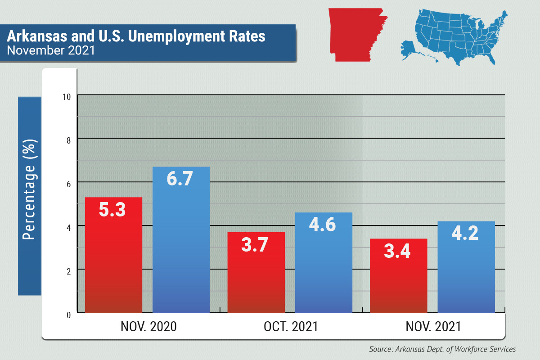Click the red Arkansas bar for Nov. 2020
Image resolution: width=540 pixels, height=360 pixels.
tap(113, 261)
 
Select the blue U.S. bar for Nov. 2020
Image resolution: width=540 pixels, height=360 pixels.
tap(181, 252)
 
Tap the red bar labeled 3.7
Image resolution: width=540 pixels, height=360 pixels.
tap(256, 279)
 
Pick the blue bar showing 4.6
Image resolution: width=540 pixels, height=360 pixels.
tap(324, 270)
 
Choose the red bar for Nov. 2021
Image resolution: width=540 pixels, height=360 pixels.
tap(398, 283)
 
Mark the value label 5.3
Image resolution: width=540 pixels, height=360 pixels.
tap(112, 209)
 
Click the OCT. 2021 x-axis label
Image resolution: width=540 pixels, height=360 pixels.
tap(291, 327)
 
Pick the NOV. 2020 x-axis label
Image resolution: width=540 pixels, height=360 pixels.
tap(148, 327)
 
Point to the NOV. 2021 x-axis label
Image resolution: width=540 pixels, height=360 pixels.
tap(433, 327)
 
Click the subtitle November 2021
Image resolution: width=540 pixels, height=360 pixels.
tap(50, 50)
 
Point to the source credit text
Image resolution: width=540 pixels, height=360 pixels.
tap(442, 349)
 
